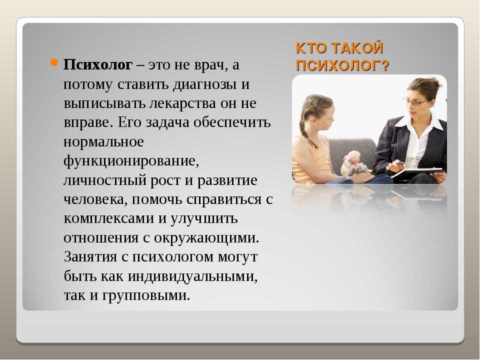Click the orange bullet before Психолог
coord(53,63)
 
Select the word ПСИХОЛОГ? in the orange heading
coord(342,65)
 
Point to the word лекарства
coord(182,103)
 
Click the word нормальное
coord(103,142)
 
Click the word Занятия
coord(90,257)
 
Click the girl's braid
coord(306,127)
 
